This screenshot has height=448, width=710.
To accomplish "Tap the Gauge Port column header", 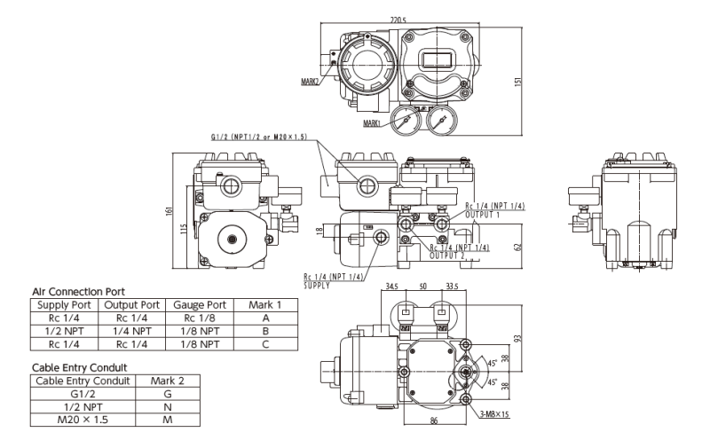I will click(x=201, y=304).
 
